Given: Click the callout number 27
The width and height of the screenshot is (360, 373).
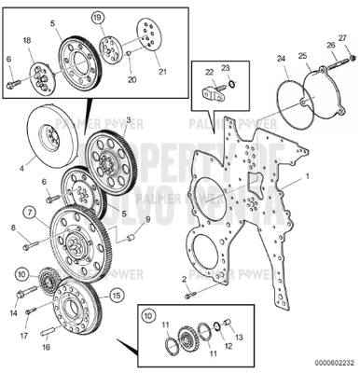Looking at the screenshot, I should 342,36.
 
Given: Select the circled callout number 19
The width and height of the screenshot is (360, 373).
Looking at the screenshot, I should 97,18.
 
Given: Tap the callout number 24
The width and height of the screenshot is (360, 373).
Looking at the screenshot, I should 281,59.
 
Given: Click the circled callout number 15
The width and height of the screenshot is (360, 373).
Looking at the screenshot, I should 117,295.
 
